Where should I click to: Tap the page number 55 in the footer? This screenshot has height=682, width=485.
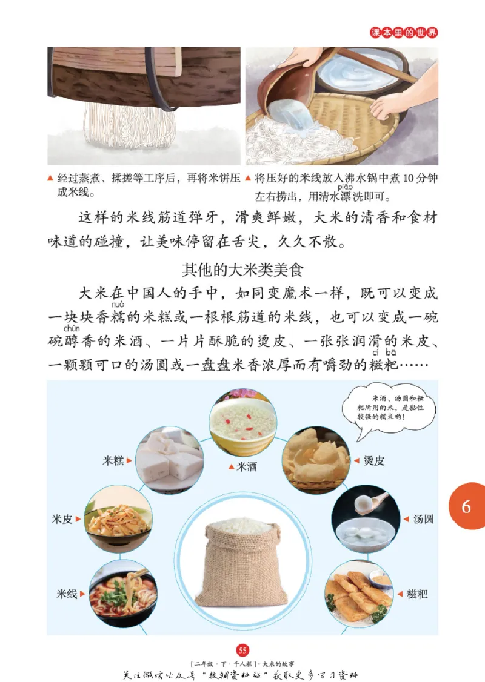pyautogui.click(x=243, y=649)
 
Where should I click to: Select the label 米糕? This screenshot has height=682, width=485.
pyautogui.click(x=113, y=461)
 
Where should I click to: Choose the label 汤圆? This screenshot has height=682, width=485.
pyautogui.click(x=423, y=519)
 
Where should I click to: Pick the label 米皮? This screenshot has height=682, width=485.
pyautogui.click(x=62, y=519)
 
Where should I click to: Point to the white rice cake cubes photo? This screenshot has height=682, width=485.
pyautogui.click(x=169, y=460)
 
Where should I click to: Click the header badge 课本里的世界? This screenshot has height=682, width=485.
pyautogui.click(x=404, y=33)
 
